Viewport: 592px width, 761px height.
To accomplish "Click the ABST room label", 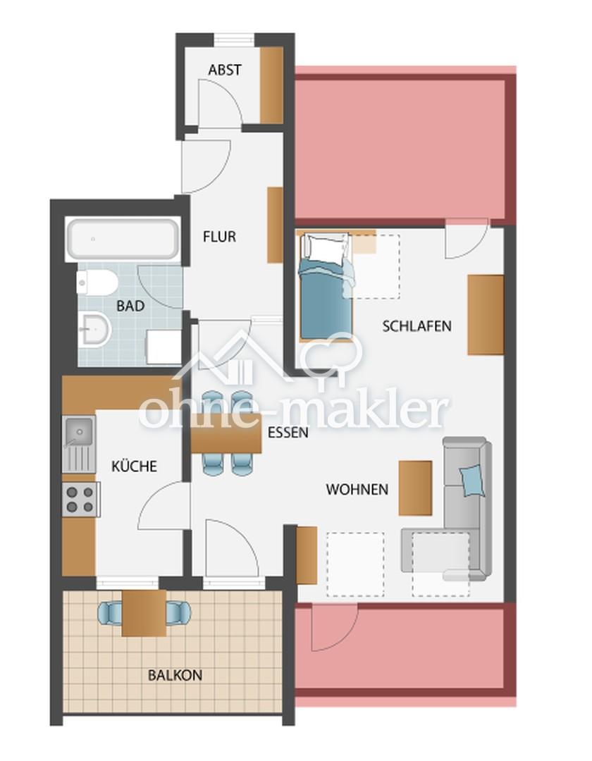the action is (x=225, y=70).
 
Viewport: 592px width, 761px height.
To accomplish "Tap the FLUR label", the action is (x=219, y=237).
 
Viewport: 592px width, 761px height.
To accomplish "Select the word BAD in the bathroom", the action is (x=130, y=307).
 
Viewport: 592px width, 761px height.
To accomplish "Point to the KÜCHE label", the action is (x=135, y=466).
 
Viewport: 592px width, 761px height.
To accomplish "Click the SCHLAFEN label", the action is (x=417, y=326).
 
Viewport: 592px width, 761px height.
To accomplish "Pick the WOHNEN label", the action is (x=357, y=489).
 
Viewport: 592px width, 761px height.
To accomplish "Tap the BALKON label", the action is (x=175, y=675).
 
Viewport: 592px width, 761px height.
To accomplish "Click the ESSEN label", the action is (x=288, y=433).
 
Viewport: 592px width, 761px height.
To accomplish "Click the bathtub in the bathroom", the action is (x=123, y=240).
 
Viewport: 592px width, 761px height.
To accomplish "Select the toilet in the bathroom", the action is (x=97, y=282).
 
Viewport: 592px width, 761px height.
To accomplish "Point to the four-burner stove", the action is (x=80, y=500).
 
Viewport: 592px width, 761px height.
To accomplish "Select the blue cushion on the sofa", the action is (x=473, y=481).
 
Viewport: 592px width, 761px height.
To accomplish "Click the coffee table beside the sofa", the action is (x=415, y=488).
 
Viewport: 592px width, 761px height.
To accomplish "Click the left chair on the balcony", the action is (x=110, y=612).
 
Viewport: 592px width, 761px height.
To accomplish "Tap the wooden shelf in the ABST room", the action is (x=272, y=85).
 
